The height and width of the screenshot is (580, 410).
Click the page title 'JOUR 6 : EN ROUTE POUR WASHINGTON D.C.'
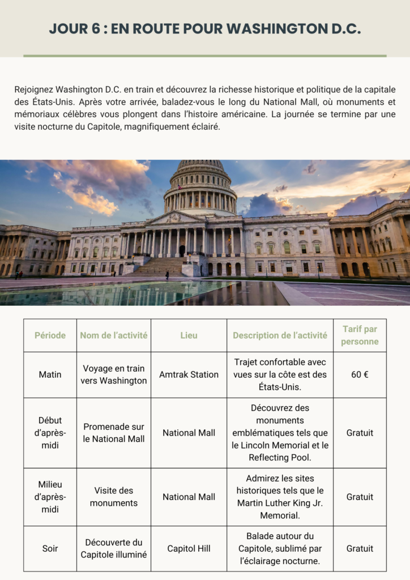204,29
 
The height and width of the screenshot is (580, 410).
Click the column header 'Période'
50,335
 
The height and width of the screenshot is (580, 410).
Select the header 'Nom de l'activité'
113,335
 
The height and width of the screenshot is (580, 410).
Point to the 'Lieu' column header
189,335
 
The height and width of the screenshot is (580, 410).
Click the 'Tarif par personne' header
360,335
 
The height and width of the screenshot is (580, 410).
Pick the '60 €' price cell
360,374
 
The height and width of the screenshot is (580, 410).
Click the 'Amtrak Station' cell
189,374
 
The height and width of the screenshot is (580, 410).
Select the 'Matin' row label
50,374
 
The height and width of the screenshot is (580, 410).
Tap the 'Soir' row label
50,548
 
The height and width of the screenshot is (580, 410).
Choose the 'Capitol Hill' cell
189,548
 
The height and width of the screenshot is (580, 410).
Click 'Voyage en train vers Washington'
113,374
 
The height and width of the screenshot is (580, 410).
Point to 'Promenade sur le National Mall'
113,433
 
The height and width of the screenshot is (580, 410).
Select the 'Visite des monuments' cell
113,497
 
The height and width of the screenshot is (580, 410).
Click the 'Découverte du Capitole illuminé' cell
113,548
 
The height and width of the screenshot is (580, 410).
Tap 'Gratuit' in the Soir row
360,548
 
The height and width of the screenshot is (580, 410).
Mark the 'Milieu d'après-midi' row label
50,497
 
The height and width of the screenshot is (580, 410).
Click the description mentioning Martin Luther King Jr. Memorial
280,497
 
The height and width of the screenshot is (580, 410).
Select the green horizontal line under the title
204,56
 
